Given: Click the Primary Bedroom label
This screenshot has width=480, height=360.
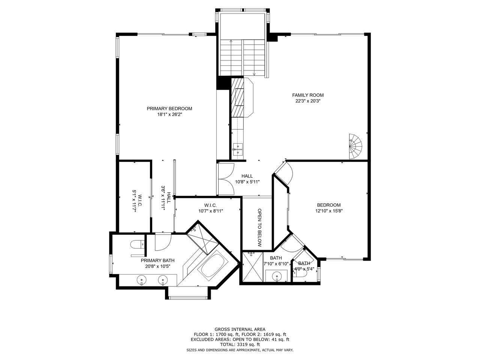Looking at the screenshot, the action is point(169,109).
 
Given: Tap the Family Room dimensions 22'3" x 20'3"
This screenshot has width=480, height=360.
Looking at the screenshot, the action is point(307,101).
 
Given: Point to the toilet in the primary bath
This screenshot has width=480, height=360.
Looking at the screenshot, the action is point(137,244).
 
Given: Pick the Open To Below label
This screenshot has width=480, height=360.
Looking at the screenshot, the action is point(259,228).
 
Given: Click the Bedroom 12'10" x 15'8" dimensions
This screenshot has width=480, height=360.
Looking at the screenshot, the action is point(328,211).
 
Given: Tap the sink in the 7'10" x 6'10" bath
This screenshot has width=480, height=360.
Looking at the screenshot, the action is point(277,276).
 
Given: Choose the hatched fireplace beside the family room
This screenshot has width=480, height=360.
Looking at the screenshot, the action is point(238,97).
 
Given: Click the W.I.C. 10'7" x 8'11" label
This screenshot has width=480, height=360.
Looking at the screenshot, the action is point(211,208).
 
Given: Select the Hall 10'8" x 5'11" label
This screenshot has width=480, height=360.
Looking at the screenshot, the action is point(247,179).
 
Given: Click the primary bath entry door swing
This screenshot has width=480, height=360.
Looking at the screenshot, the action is point(163,242).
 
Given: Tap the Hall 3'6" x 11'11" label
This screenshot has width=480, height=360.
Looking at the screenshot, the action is point(166,198).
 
